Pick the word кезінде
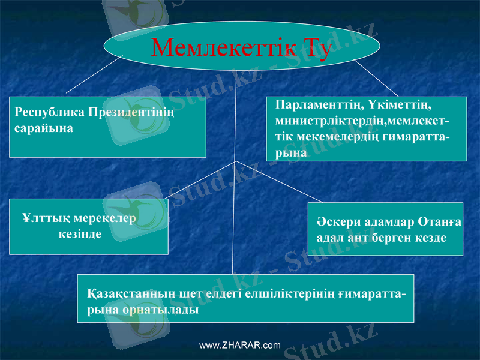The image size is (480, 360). coord(80,234)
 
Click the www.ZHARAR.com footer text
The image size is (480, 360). coord(240,346)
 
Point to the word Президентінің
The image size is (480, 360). coord(131,113)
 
